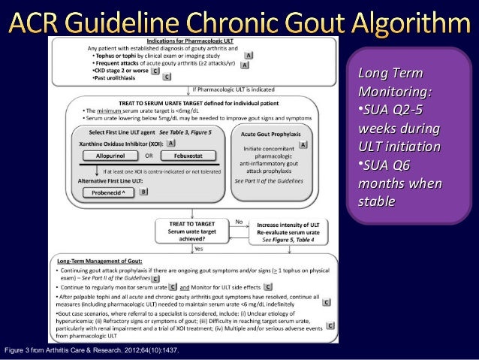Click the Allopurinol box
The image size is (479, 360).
point(110,156)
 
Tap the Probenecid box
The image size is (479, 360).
point(110,193)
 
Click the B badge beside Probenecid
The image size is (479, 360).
point(143,192)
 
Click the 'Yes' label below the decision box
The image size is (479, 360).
point(199,247)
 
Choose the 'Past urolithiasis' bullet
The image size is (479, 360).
point(120,77)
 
